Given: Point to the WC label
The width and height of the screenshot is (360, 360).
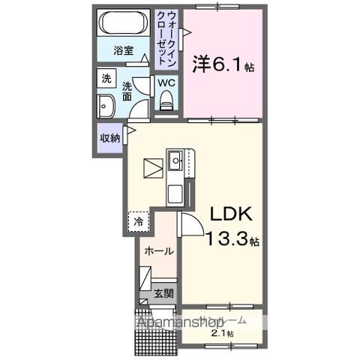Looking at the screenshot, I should pos(166,82).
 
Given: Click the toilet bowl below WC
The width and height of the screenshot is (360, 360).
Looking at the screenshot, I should pos(166,100).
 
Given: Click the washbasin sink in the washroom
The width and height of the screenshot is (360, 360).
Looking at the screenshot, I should pos(106,107).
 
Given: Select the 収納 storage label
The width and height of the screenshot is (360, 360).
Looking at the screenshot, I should pos(109,138).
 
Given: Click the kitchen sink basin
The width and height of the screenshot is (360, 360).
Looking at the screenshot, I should pos(175,159).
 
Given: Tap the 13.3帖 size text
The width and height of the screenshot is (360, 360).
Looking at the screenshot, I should pos(232,241).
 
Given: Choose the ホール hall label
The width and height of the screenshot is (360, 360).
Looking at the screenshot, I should pos(157,250).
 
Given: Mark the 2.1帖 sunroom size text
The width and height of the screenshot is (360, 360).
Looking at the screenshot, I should pos(222,333).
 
